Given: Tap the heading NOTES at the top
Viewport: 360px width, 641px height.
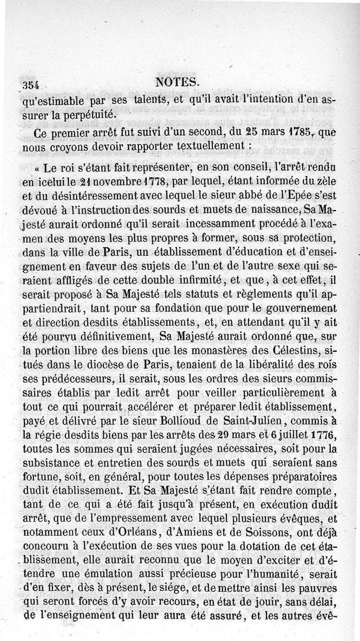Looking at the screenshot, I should pos(176,82).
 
